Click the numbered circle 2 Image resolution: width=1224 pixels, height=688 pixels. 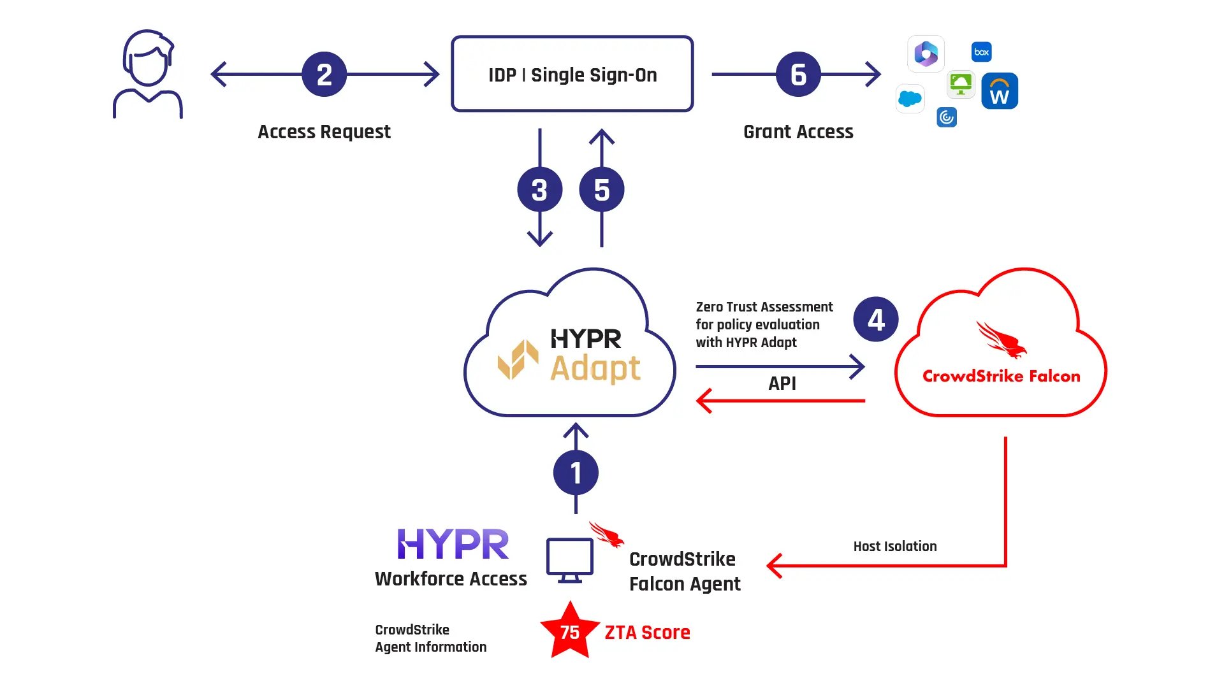[324, 75]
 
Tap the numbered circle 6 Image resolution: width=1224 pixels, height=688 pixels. [798, 75]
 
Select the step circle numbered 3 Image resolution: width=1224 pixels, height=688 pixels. [539, 190]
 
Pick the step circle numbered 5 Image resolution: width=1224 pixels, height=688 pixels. [601, 190]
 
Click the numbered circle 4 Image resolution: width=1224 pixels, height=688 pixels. [875, 319]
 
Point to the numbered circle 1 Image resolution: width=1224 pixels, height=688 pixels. [576, 473]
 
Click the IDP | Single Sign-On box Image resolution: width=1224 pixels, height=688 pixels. [572, 74]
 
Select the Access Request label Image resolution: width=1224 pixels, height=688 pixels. [324, 132]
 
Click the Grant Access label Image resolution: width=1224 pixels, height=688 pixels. [798, 132]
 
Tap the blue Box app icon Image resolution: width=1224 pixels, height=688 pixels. [981, 52]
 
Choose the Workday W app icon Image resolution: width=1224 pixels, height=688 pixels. [999, 92]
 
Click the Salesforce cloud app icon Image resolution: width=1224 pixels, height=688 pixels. [910, 99]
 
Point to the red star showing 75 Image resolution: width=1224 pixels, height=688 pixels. [569, 632]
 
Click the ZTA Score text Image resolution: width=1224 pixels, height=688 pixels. [647, 633]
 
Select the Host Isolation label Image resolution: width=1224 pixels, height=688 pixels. [894, 547]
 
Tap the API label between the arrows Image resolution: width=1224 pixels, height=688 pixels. [782, 383]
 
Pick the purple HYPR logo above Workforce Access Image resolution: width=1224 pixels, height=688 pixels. [453, 544]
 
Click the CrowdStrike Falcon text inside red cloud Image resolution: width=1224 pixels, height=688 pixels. [1001, 376]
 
